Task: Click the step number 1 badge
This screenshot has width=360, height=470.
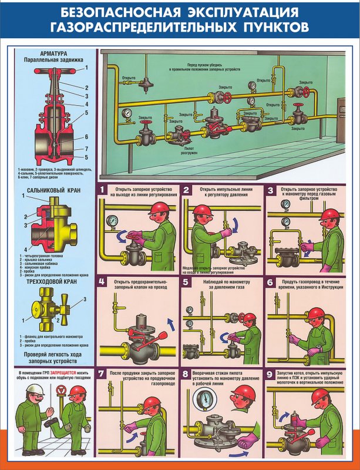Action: tap(103, 190)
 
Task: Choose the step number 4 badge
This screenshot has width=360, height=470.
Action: tap(103, 282)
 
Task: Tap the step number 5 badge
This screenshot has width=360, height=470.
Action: tap(186, 282)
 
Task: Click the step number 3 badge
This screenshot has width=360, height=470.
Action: tap(271, 190)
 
